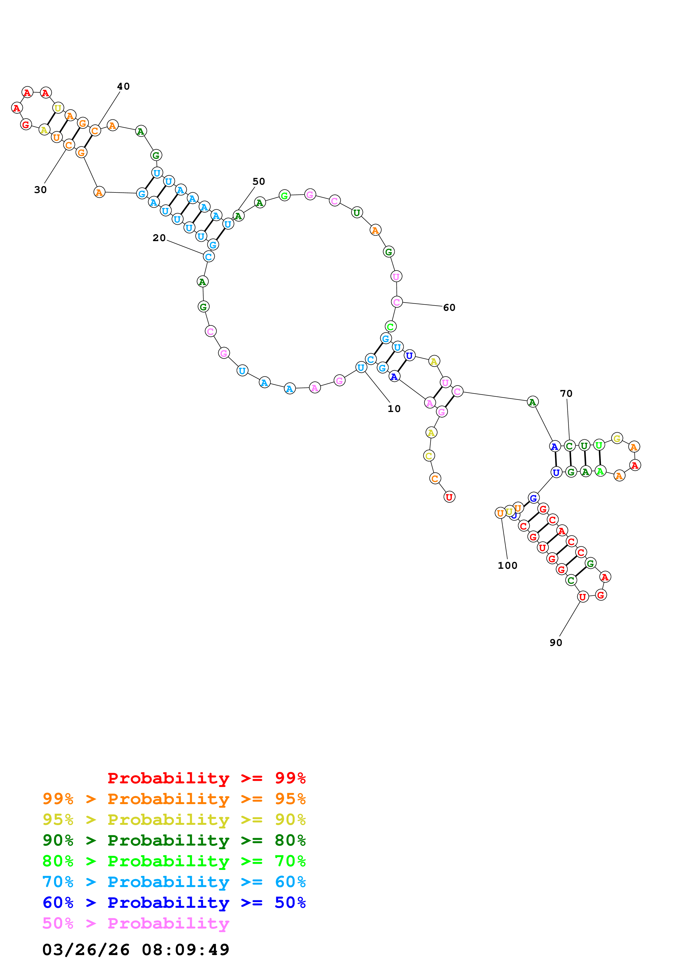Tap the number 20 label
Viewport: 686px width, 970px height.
pos(159,238)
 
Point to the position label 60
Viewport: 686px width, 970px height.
pos(449,307)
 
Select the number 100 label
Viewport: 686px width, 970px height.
pos(507,565)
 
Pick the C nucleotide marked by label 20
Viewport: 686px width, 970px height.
pos(208,256)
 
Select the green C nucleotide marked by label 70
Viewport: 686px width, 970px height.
pos(569,446)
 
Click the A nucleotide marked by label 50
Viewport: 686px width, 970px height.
pos(238,216)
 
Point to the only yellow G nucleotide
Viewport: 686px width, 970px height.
pos(617,439)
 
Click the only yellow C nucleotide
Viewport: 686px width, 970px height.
pos(429,456)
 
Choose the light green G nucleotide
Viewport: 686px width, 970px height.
pos(284,195)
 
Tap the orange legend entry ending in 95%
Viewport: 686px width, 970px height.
pos(174,799)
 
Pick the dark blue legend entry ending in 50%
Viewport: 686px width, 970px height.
pos(174,903)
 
